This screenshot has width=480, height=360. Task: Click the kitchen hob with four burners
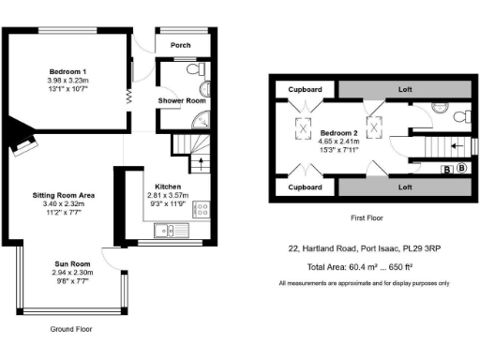[201, 209]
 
